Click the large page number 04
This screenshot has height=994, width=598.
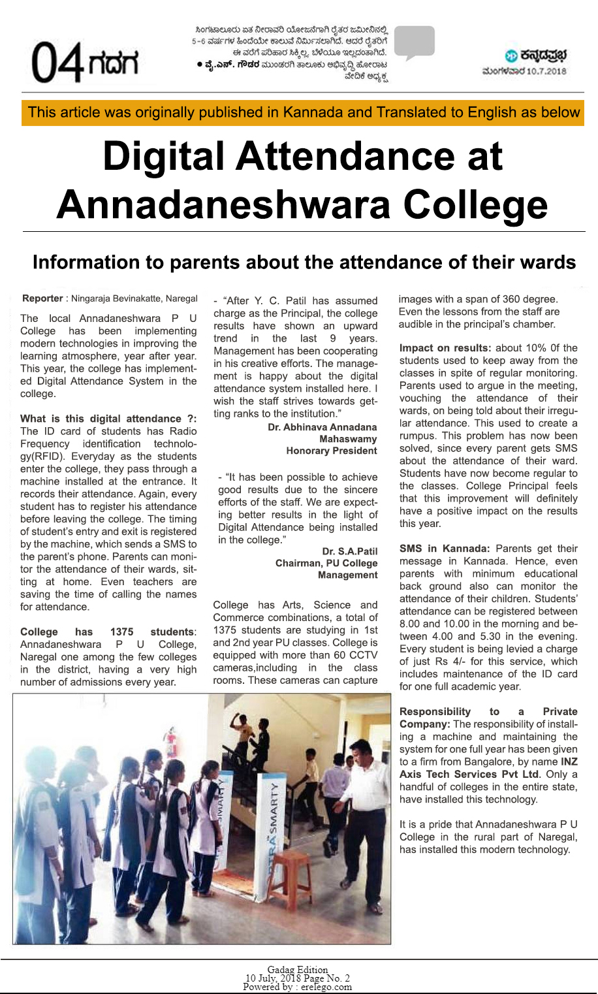[x=57, y=63]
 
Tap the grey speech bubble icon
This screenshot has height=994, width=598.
[x=415, y=42]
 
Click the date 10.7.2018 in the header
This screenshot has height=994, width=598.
[x=546, y=71]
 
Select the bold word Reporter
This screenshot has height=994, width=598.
[x=42, y=298]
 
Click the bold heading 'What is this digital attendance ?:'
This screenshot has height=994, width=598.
[x=108, y=419]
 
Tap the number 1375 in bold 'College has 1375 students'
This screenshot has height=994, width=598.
[x=121, y=632]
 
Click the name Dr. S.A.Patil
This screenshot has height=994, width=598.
[x=350, y=551]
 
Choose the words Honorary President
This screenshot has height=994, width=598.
[x=331, y=451]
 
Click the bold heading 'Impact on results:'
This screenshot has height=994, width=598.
[x=445, y=348]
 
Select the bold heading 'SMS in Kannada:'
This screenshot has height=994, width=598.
[x=444, y=549]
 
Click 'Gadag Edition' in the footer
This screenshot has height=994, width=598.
[x=298, y=970]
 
